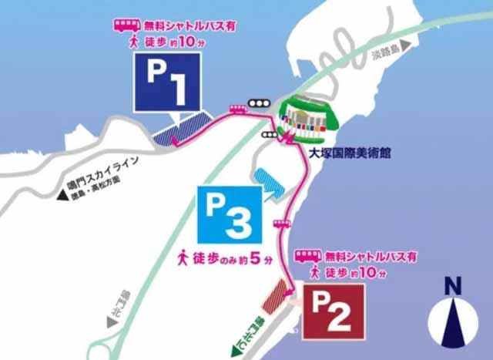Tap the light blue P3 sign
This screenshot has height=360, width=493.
(x=229, y=214)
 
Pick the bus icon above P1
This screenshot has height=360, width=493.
(x=123, y=25)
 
